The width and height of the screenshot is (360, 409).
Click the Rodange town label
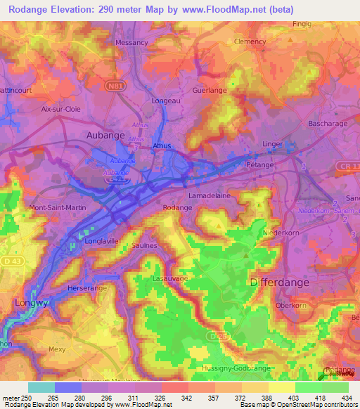[177, 208]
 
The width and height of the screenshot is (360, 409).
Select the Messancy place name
[131, 42]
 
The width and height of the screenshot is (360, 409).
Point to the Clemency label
[250, 41]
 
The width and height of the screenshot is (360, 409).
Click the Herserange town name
[85, 288]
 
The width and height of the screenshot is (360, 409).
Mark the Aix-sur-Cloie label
[61, 110]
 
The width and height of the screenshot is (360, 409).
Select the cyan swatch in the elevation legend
[40, 387]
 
